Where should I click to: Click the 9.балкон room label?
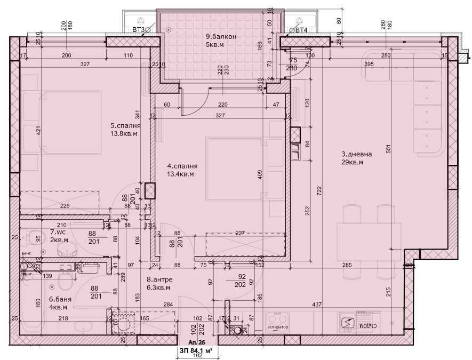(221, 37)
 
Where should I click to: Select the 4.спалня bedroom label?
(180, 166)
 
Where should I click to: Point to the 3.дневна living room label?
(356, 154)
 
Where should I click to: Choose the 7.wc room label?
(58, 232)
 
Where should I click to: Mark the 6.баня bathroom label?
(58, 299)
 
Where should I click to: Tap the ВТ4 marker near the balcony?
(301, 30)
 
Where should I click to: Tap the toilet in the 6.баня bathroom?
(63, 277)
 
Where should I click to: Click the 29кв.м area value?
(352, 162)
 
